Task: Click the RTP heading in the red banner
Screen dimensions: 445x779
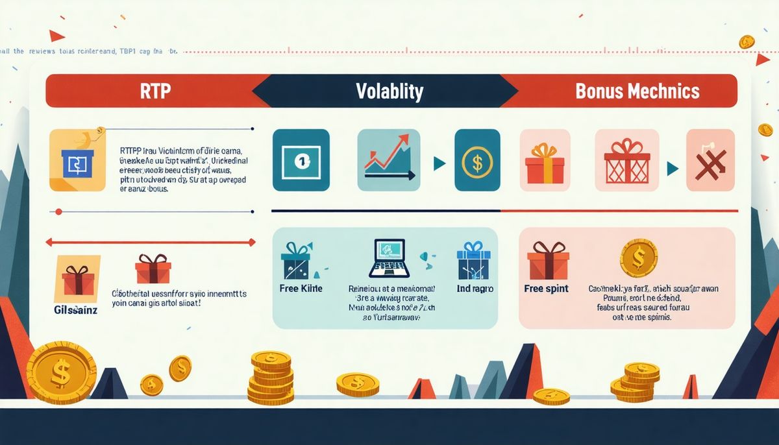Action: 155,91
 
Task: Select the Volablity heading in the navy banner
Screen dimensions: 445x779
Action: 389,91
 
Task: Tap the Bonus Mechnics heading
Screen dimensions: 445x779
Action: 637,91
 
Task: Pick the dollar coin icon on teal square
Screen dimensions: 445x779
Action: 477,160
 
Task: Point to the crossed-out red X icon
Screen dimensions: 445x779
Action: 710,160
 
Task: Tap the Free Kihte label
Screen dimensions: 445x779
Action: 301,288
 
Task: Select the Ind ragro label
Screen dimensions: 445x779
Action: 476,288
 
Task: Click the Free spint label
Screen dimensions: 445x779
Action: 547,288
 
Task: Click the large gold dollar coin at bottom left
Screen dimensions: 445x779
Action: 61,372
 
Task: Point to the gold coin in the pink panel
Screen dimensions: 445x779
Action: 639,258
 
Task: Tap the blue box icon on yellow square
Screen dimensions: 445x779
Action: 77,160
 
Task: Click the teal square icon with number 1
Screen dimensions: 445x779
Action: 301,160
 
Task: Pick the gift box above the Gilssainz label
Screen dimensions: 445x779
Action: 79,278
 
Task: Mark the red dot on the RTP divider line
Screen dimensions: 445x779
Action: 58,211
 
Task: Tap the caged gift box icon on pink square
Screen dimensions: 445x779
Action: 626,160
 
